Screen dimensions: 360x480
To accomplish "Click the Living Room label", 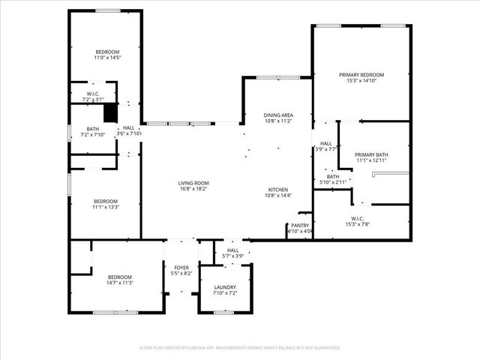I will pyautogui.click(x=193, y=183).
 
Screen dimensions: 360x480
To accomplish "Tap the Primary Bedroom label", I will pyautogui.click(x=361, y=75).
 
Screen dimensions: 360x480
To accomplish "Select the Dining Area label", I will pyautogui.click(x=277, y=115).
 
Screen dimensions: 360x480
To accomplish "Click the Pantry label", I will pyautogui.click(x=300, y=225).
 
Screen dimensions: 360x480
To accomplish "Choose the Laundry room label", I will pyautogui.click(x=225, y=287).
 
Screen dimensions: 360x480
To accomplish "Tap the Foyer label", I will pyautogui.click(x=181, y=268).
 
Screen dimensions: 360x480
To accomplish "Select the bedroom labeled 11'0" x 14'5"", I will pyautogui.click(x=107, y=52).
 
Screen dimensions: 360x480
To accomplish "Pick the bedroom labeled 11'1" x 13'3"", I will pyautogui.click(x=106, y=201).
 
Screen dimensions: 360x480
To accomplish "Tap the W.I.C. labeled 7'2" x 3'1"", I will pyautogui.click(x=92, y=93).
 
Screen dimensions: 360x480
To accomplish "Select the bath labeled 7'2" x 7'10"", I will pyautogui.click(x=92, y=128).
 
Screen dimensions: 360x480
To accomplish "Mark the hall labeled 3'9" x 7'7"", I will pyautogui.click(x=326, y=143).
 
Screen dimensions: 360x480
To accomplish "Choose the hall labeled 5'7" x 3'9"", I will pyautogui.click(x=233, y=250).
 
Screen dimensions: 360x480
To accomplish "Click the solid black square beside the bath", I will pyautogui.click(x=110, y=112).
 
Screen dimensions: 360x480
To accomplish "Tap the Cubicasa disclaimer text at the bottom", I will pyautogui.click(x=240, y=348).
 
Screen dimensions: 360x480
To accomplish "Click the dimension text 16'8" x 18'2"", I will pyautogui.click(x=193, y=189).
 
